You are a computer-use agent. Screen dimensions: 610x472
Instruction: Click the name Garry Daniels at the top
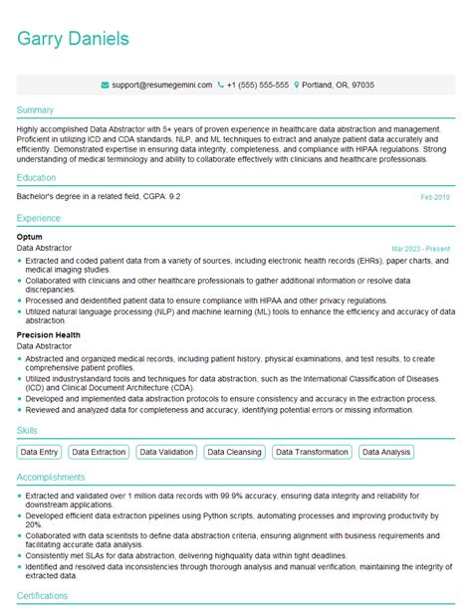click(73, 40)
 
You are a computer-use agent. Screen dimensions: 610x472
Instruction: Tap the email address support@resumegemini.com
click(162, 86)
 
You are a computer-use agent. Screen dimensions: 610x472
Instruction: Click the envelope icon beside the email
click(106, 86)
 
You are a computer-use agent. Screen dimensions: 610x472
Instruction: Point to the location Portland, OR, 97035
click(341, 86)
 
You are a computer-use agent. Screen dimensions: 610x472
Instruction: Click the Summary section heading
click(35, 110)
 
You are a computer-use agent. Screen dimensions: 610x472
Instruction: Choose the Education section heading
click(37, 178)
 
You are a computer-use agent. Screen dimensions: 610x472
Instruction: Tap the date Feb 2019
click(435, 198)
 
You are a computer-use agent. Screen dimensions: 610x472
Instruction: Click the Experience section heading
click(39, 217)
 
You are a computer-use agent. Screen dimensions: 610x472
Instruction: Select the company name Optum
click(30, 237)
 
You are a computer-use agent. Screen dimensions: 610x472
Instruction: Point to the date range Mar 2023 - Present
click(420, 248)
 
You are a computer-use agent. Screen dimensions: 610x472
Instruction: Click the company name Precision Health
click(49, 334)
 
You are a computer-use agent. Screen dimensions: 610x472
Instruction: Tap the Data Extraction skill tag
click(102, 452)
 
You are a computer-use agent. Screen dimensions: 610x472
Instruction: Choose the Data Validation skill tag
click(166, 452)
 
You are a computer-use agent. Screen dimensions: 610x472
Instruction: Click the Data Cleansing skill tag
click(234, 452)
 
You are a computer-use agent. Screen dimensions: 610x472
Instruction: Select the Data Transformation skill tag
click(312, 452)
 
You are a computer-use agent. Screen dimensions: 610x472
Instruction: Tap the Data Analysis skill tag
click(387, 452)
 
